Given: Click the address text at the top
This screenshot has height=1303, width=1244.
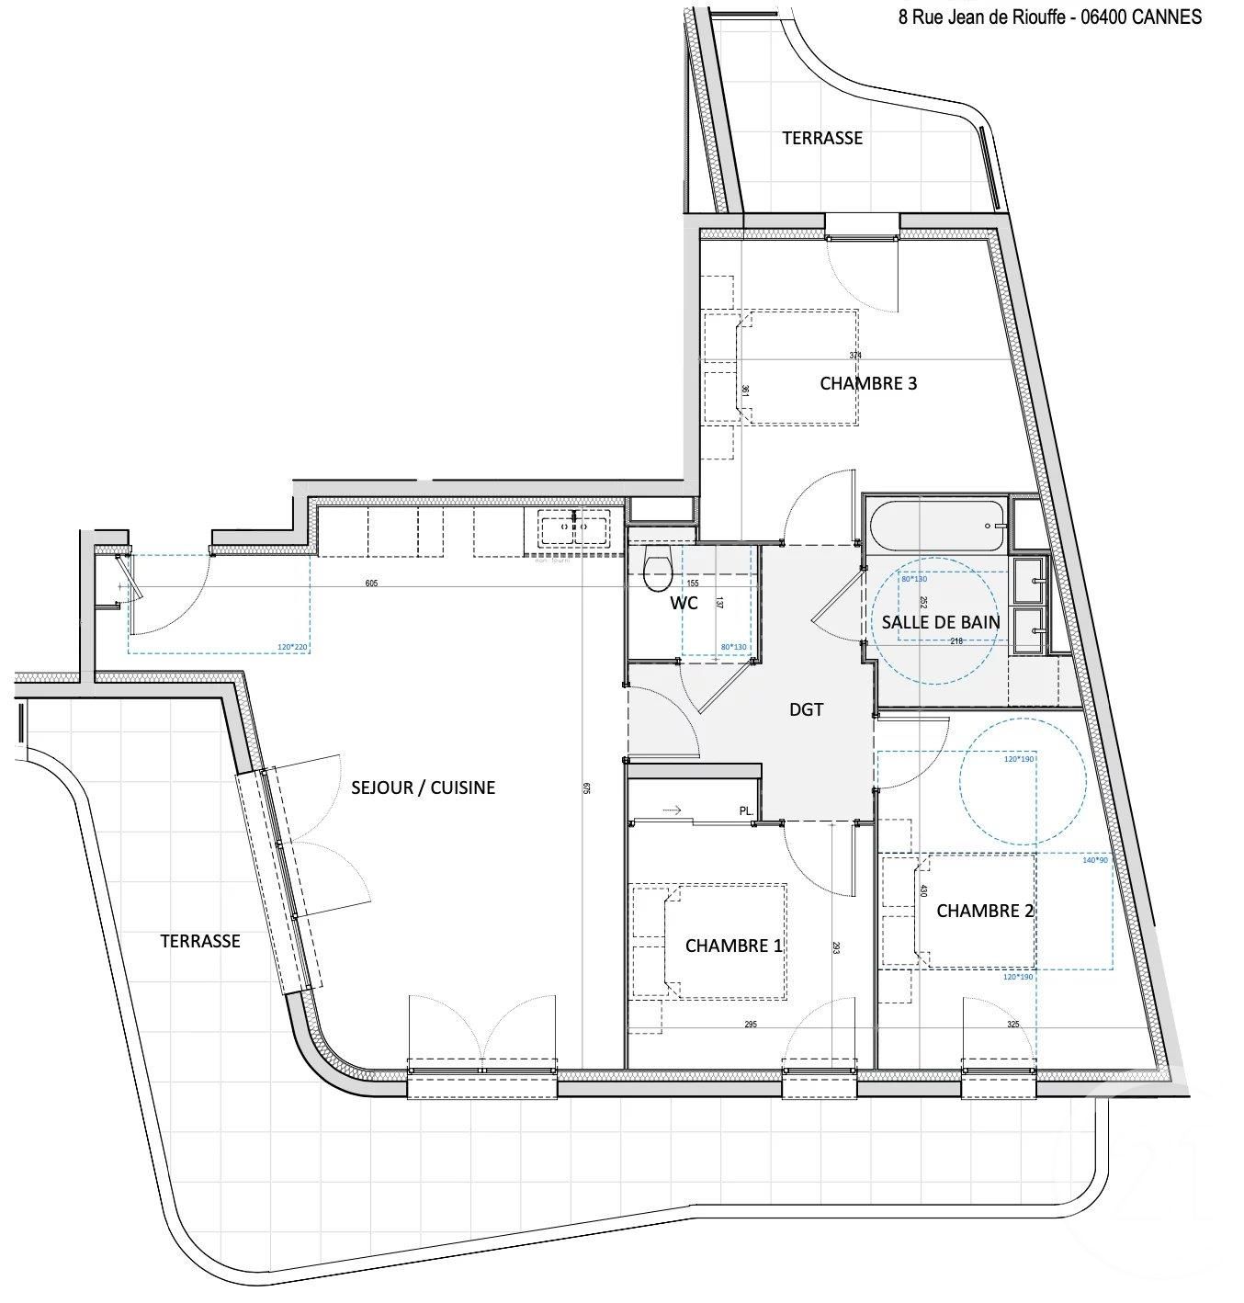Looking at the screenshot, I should tap(1049, 17).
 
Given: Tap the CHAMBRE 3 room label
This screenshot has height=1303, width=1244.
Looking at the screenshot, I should tap(867, 383).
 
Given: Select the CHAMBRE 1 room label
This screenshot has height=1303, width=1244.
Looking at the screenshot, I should tap(733, 946).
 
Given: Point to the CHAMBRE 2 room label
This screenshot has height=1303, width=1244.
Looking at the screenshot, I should tap(984, 911).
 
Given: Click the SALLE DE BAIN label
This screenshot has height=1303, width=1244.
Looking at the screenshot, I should tap(940, 622).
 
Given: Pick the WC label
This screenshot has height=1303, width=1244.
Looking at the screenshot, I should tap(684, 603).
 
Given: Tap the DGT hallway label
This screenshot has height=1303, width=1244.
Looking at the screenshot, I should tap(806, 709).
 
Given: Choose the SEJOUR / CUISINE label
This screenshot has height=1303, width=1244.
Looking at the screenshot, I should tap(423, 787).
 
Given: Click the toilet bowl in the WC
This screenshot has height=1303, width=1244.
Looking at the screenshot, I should tap(658, 570).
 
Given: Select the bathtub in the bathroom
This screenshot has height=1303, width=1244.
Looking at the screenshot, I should tap(934, 526).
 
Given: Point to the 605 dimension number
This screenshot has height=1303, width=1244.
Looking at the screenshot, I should tap(371, 584).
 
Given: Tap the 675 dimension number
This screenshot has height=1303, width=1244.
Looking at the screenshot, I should tap(585, 787).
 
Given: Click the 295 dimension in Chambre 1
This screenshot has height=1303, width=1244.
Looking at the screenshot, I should tap(751, 1025).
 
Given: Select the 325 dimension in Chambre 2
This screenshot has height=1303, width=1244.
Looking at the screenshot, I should tap(1012, 1025).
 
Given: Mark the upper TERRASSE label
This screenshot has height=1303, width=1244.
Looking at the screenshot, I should tap(821, 138).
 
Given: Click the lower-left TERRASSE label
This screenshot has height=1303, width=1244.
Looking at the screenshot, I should tap(199, 941).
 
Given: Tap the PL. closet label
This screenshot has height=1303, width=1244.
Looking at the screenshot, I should tap(746, 811).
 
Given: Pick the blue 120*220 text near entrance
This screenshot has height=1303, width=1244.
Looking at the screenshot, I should tap(292, 647).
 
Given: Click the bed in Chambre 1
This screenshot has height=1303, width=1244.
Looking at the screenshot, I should tap(721, 942).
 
